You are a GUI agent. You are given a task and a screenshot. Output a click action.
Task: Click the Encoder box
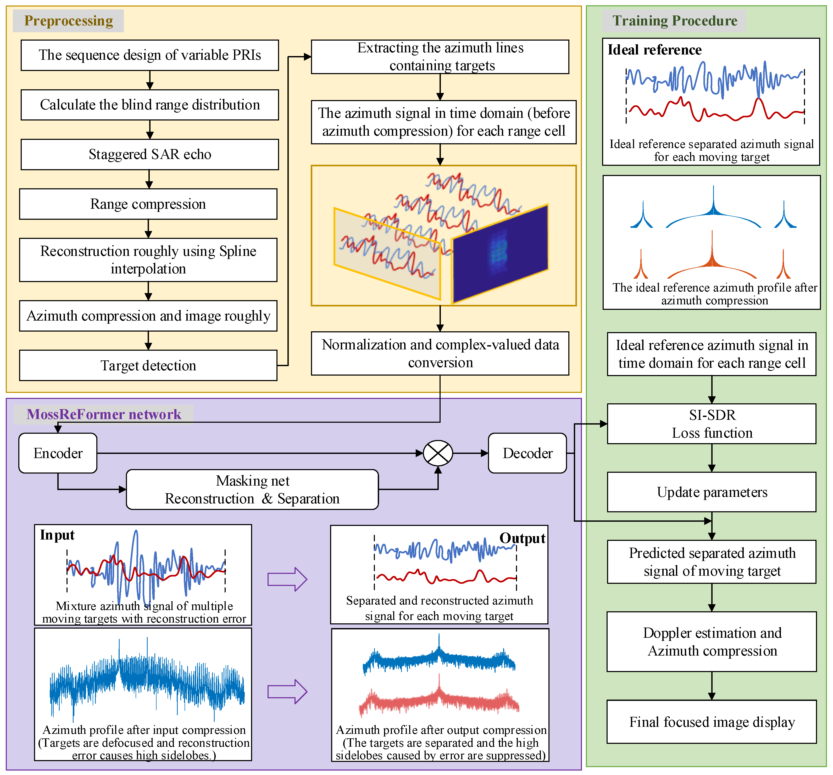tap(58, 453)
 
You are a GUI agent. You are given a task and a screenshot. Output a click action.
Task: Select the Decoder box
tap(527, 453)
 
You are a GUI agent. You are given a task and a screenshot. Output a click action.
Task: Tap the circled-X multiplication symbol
tap(438, 453)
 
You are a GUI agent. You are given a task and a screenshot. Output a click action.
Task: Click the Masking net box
tap(252, 489)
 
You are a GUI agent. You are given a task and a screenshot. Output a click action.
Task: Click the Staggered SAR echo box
tap(149, 154)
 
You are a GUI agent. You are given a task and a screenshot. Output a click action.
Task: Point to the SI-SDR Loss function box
tap(712, 424)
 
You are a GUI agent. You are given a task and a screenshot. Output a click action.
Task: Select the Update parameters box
tap(712, 492)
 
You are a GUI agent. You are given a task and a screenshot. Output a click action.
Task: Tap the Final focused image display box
tap(712, 722)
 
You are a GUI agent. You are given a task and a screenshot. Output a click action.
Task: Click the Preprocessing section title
tap(68, 20)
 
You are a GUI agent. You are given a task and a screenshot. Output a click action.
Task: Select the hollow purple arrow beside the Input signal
tap(287, 579)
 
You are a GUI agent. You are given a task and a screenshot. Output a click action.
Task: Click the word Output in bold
tap(522, 538)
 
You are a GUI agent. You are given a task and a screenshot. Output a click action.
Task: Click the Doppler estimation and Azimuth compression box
tap(712, 642)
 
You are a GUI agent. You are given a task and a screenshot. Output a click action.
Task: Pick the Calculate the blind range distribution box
tap(149, 105)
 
